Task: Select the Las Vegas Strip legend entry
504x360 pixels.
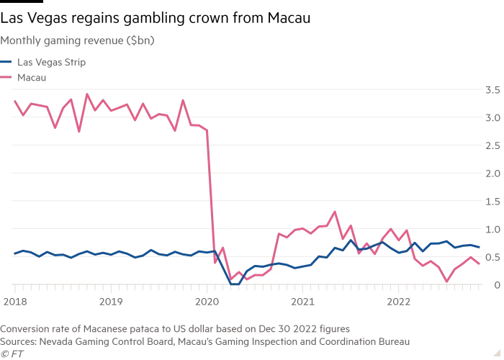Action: point(52,63)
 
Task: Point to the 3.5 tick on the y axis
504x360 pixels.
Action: point(492,90)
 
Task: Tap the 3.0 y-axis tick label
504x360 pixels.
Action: point(492,117)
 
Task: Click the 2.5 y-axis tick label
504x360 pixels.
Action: point(492,145)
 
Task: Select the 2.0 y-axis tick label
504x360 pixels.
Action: point(492,174)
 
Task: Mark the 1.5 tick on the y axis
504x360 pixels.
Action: point(492,201)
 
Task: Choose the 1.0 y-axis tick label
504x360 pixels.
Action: point(492,229)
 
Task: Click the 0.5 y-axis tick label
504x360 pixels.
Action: point(492,257)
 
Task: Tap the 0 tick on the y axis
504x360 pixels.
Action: point(496,284)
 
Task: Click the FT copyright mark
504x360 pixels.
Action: point(12,354)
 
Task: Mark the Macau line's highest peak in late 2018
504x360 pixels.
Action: point(87,94)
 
